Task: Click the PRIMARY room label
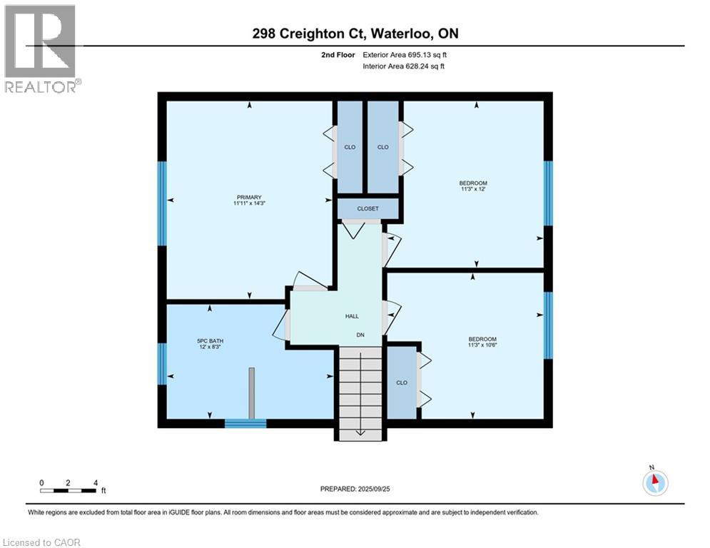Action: (249, 197)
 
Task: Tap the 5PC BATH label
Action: (210, 341)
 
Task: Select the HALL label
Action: (352, 317)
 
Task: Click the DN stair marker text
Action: (360, 335)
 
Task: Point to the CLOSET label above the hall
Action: (367, 209)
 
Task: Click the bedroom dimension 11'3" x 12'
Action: (473, 189)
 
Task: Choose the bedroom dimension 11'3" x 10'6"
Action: (482, 345)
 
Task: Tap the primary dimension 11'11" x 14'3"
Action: (249, 203)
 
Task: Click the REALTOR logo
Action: (41, 49)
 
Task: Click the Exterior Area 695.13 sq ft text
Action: (405, 55)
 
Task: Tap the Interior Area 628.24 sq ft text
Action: (403, 66)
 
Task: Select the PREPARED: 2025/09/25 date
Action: (355, 489)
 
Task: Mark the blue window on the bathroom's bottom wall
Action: (245, 423)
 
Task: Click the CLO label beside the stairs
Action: (402, 382)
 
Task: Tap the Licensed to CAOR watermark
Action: (41, 542)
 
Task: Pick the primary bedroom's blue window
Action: (162, 203)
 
